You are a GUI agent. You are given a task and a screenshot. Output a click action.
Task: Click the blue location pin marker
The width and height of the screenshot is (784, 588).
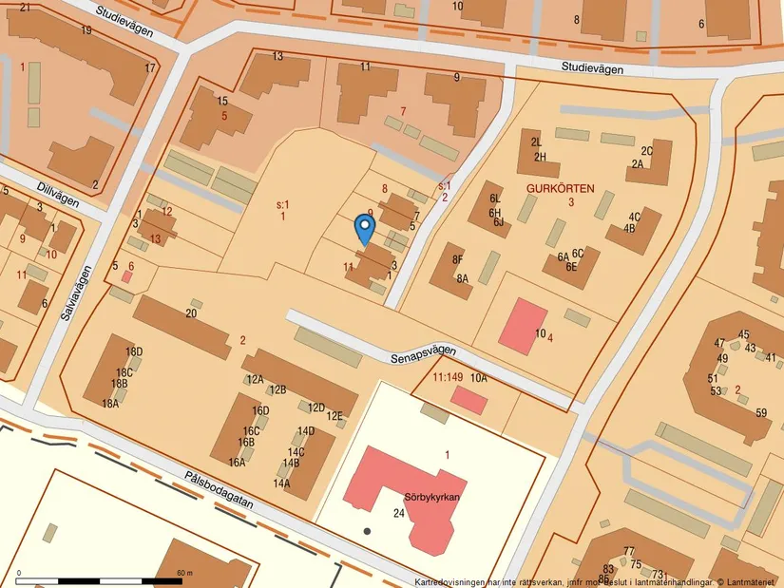(364, 227)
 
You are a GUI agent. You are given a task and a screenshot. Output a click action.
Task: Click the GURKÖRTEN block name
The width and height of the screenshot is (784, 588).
(560, 188)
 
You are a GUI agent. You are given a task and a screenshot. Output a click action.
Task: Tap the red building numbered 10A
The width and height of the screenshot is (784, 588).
(468, 400)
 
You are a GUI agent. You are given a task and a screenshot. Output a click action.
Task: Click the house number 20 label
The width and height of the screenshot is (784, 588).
(191, 313)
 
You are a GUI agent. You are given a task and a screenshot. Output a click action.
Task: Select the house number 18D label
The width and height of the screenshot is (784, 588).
(134, 352)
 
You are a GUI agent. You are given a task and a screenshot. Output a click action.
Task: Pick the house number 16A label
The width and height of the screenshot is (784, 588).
(237, 463)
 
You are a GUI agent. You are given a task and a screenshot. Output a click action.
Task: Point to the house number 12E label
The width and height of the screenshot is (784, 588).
(335, 416)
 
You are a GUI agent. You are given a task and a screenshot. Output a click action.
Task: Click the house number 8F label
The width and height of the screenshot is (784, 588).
(457, 259)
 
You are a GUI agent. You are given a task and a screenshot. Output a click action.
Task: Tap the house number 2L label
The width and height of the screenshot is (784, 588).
(537, 142)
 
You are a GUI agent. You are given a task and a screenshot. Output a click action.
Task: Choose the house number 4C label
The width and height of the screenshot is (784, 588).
(635, 217)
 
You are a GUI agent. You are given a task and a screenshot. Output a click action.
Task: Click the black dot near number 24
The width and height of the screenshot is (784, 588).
(367, 530)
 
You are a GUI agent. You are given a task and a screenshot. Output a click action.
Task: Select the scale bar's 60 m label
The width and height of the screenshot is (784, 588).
(184, 574)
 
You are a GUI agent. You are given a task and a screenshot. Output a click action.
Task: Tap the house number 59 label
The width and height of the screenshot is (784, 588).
(761, 413)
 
